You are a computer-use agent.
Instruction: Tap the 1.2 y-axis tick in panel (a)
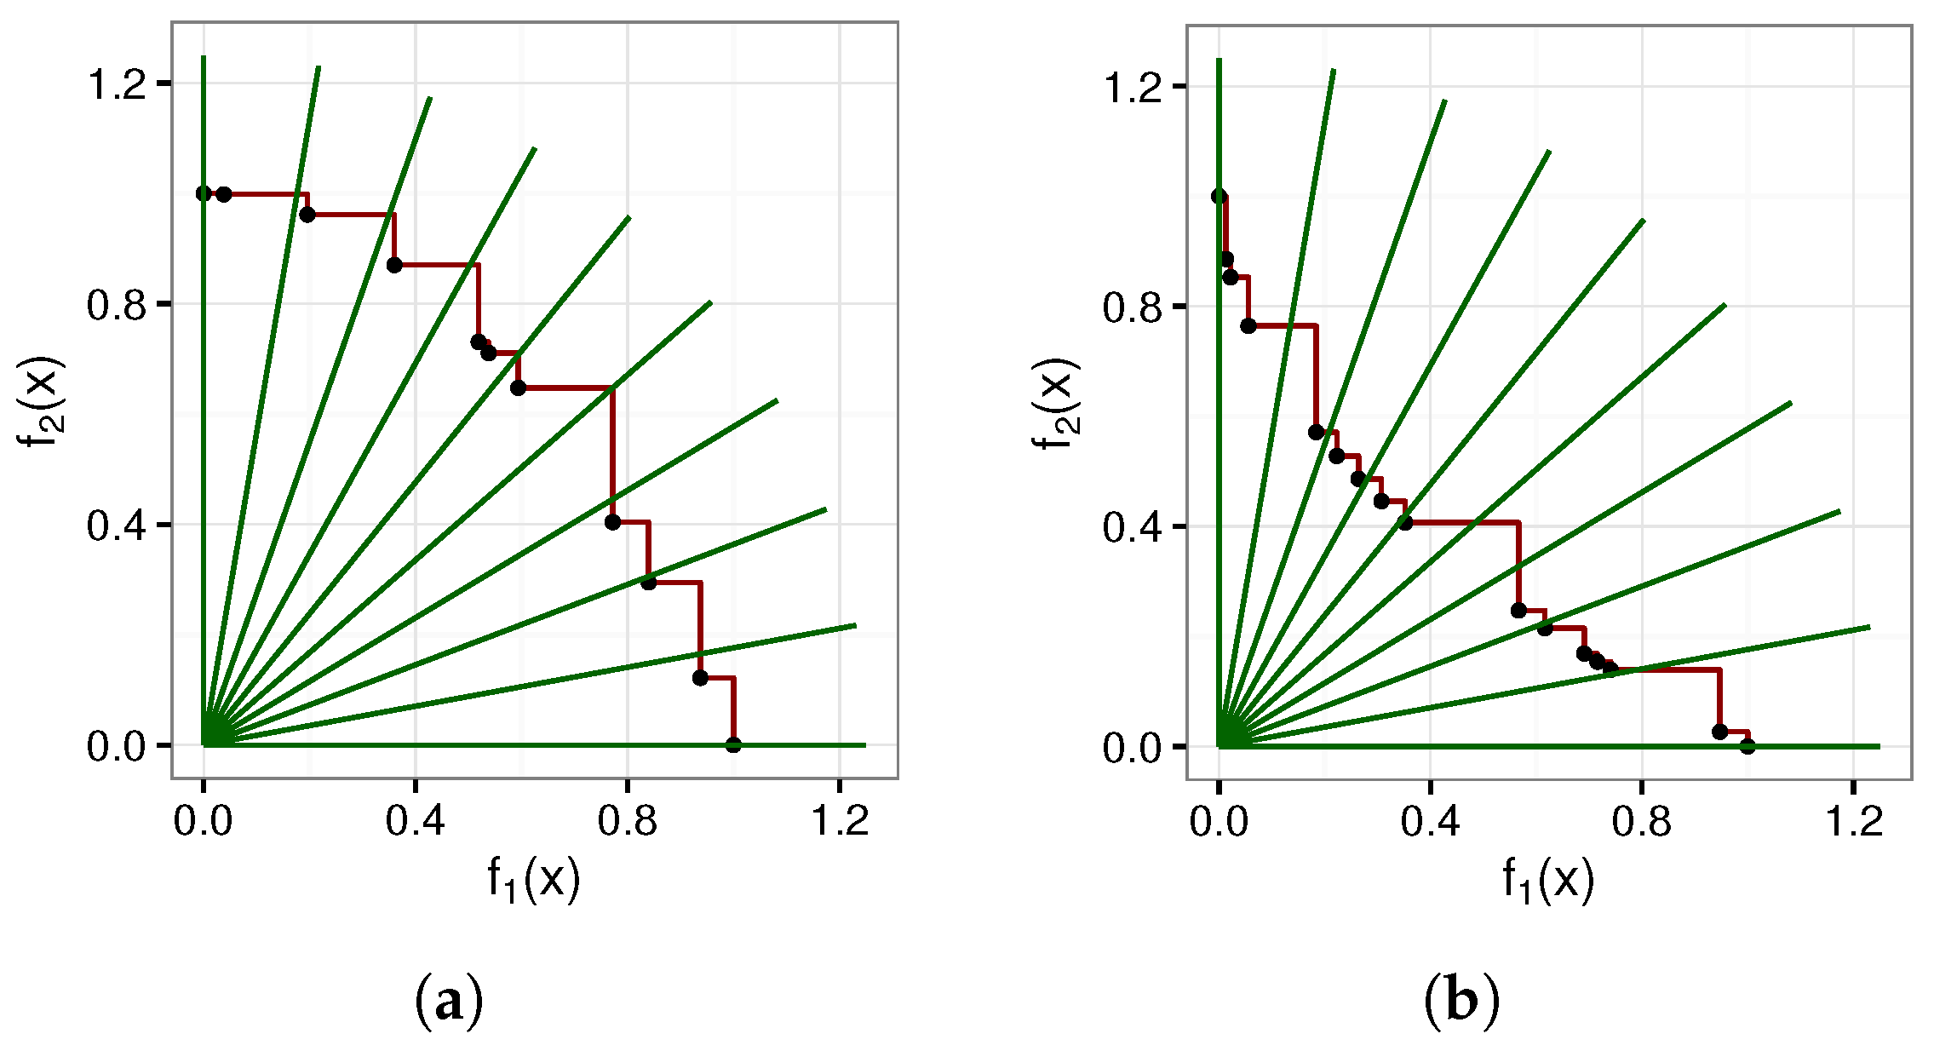[x=118, y=84]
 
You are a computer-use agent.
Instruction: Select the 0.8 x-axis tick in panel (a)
[x=627, y=821]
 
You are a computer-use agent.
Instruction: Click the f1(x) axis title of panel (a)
[x=534, y=878]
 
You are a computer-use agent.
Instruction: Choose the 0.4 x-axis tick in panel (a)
[x=415, y=821]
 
